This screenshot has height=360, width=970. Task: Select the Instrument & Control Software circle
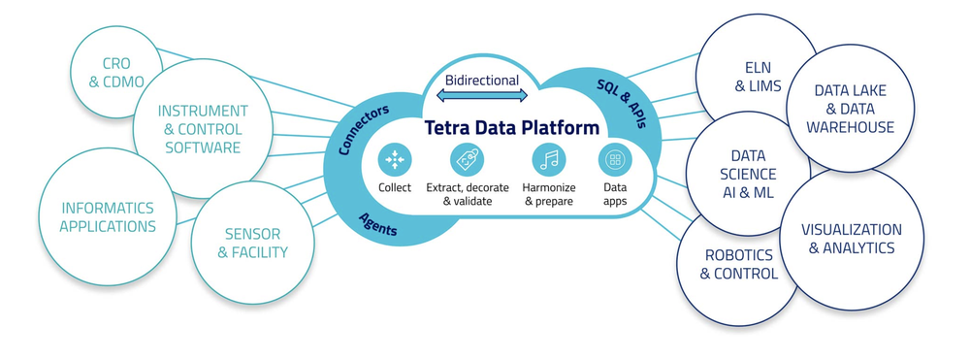tap(203, 129)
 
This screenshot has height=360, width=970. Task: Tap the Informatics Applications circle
tap(107, 217)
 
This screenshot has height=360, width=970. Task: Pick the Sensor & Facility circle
tap(252, 244)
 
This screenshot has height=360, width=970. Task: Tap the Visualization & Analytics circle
tap(851, 240)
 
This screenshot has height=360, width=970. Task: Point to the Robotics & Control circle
tap(739, 265)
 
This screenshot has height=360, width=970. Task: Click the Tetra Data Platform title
tap(511, 128)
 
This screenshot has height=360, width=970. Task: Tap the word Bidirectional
tap(481, 81)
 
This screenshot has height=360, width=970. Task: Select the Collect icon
tap(394, 159)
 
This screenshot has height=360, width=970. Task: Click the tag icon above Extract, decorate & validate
tap(468, 159)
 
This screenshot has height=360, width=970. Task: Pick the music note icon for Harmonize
tap(549, 159)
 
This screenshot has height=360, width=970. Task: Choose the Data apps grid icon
tap(615, 159)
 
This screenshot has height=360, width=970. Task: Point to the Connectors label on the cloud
tap(364, 130)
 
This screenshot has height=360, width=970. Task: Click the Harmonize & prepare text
tap(549, 194)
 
